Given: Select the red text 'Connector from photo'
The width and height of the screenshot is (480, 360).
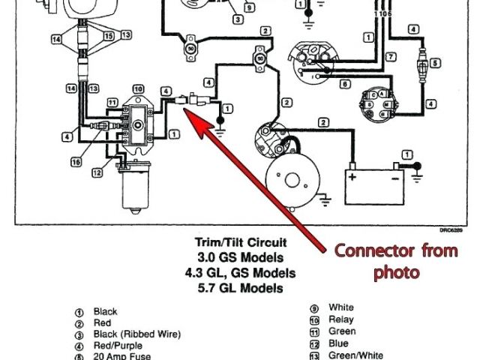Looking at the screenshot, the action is click(x=395, y=260).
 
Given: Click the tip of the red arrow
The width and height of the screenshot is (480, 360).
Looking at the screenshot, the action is click(x=186, y=109).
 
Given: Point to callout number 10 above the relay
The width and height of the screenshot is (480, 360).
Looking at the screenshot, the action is click(x=138, y=88).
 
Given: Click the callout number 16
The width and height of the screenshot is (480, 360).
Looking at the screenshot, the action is click(x=76, y=161).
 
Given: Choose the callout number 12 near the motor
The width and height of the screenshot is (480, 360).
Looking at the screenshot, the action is click(x=97, y=172).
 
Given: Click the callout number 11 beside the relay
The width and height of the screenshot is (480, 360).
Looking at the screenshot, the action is click(x=112, y=101).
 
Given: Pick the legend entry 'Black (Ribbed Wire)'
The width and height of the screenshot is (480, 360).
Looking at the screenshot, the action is click(x=137, y=334).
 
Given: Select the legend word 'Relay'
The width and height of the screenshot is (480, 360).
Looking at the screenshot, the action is click(x=342, y=319).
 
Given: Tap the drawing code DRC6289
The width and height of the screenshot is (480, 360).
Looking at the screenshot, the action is click(x=452, y=230).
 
